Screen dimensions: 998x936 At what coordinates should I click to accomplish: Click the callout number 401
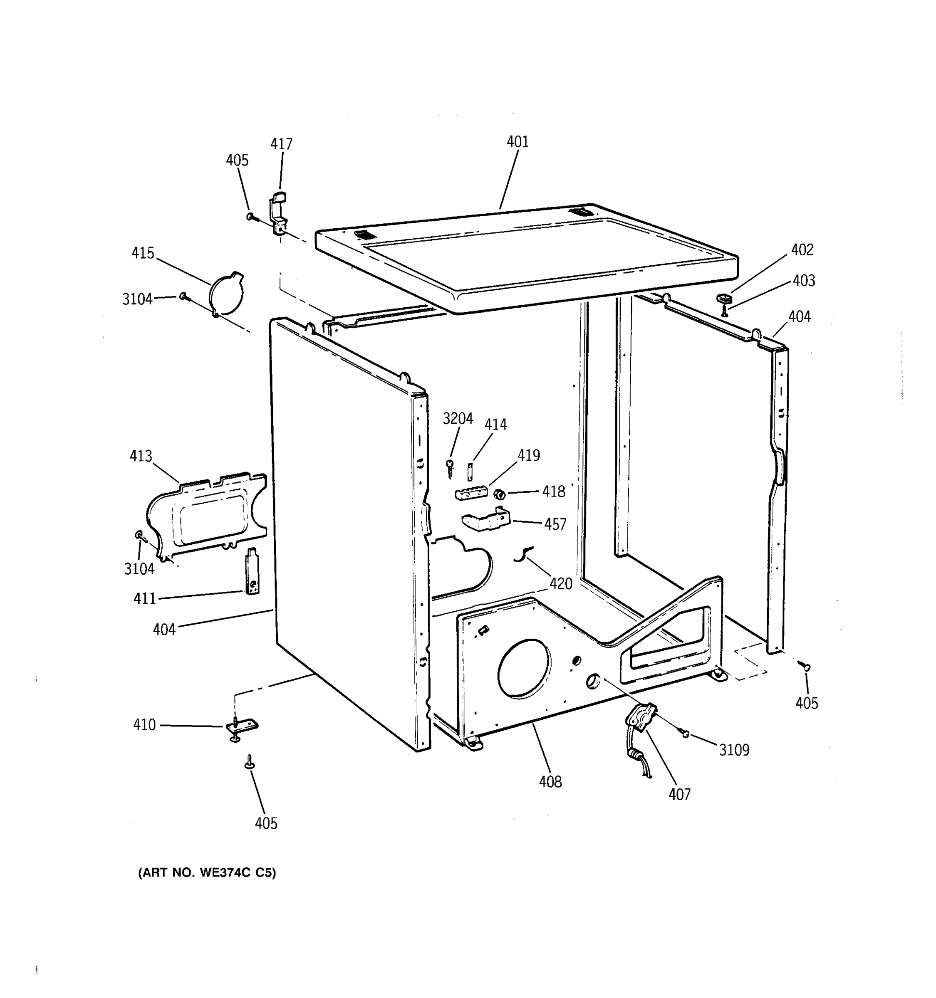tap(517, 142)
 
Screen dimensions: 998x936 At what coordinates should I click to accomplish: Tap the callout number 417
tap(281, 144)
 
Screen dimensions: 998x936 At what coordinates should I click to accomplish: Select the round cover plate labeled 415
tap(227, 294)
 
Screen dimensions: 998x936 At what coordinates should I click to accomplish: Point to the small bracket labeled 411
tap(252, 571)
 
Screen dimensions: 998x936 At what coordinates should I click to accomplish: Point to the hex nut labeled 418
tap(499, 494)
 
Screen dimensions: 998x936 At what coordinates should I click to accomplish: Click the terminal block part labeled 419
tap(471, 493)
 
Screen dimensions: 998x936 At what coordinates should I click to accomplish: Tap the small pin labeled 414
tap(470, 472)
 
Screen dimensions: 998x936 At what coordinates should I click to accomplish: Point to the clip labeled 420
tap(523, 554)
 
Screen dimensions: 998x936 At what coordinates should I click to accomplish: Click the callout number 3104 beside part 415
tap(137, 299)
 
